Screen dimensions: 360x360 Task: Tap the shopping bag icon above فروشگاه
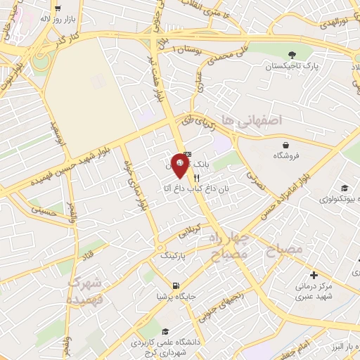point(285,145)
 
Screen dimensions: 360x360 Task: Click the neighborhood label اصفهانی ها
point(251,120)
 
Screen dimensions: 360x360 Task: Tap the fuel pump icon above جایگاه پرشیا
point(174,285)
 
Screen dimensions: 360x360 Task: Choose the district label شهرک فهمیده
point(86,290)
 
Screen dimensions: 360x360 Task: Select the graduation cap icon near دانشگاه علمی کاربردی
point(165,332)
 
